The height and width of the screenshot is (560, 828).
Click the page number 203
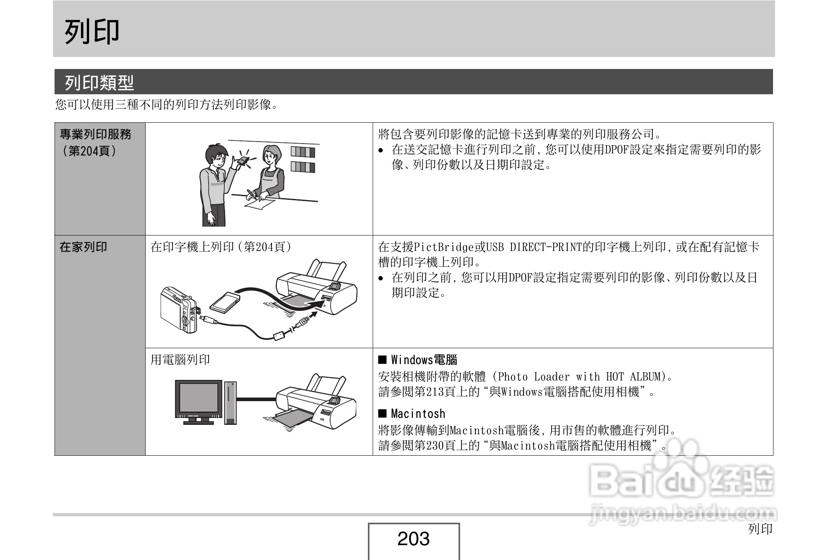pyautogui.click(x=413, y=539)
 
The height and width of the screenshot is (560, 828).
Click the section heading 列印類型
pyautogui.click(x=99, y=83)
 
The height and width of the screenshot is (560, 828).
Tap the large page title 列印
pyautogui.click(x=92, y=31)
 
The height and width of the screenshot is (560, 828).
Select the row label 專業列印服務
pyautogui.click(x=95, y=134)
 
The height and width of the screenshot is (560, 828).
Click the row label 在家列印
pyautogui.click(x=83, y=247)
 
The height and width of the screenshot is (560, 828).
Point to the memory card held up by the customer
pyautogui.click(x=242, y=161)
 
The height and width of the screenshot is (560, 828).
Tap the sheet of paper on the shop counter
pyautogui.click(x=260, y=203)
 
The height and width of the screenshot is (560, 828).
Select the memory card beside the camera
pyautogui.click(x=225, y=302)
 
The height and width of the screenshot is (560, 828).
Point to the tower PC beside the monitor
pyautogui.click(x=230, y=402)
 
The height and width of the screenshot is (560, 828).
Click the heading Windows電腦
pyautogui.click(x=424, y=360)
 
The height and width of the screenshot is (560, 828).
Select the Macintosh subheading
pyautogui.click(x=418, y=414)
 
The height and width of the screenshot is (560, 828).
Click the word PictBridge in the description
pyautogui.click(x=444, y=247)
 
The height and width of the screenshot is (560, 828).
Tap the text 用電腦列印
pyautogui.click(x=180, y=360)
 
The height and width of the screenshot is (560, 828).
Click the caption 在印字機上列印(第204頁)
pyautogui.click(x=221, y=247)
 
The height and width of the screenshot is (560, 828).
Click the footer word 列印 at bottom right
pyautogui.click(x=760, y=529)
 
